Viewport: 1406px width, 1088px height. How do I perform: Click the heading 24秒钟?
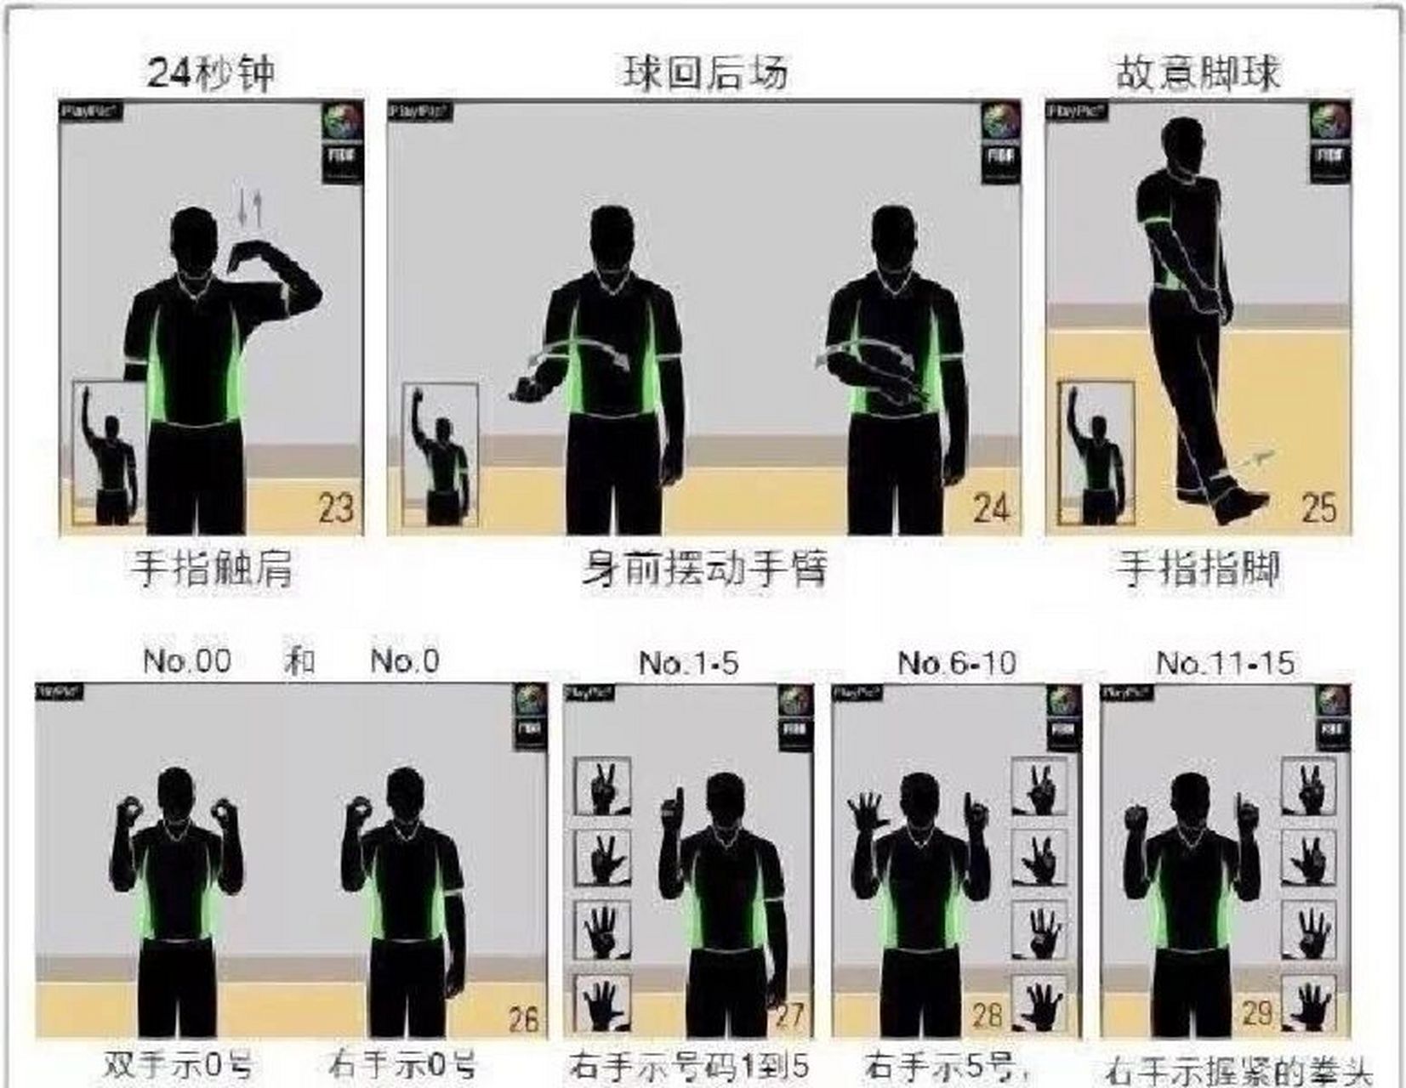tap(211, 72)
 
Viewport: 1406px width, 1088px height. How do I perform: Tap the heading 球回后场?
tap(705, 72)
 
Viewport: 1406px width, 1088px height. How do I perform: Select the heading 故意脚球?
tap(1197, 73)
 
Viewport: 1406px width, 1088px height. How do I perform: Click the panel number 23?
tap(336, 508)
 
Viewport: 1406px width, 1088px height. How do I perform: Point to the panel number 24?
tap(992, 508)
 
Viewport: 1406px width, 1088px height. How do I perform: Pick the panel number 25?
tap(1319, 508)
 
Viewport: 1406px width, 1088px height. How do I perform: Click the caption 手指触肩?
tap(212, 569)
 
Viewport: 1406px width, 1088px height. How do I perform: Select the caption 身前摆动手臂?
tap(705, 569)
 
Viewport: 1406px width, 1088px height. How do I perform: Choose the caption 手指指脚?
tap(1198, 569)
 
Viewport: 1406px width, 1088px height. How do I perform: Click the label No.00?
tap(187, 660)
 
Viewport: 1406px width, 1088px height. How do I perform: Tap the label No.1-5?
tap(688, 662)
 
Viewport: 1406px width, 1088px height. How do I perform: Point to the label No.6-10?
tap(957, 662)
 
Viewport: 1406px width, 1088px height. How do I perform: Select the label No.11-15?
tap(1226, 662)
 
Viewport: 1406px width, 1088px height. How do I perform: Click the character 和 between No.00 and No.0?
tap(299, 660)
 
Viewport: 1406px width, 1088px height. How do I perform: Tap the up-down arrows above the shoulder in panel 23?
tap(248, 207)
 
